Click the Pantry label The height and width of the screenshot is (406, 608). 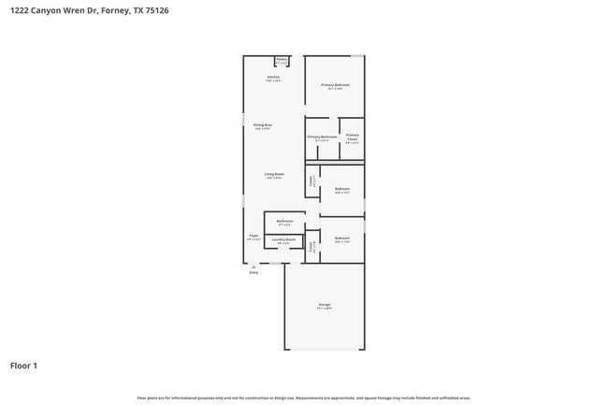282,62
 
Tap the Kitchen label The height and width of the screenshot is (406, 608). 273,78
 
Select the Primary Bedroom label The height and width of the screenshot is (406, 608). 335,86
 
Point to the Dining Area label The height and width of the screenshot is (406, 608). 262,125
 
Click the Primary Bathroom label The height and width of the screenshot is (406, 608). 323,138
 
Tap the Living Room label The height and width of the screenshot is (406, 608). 274,175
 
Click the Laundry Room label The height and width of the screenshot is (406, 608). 284,240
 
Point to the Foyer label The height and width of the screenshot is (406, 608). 253,237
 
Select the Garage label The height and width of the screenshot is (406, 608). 324,306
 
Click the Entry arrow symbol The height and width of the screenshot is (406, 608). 253,266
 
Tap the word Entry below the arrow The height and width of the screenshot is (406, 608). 253,272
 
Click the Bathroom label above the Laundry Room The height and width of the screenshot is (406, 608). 284,222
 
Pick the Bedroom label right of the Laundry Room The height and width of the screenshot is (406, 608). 342,239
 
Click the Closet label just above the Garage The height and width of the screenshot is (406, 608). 312,247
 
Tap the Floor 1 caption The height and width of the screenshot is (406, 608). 24,365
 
